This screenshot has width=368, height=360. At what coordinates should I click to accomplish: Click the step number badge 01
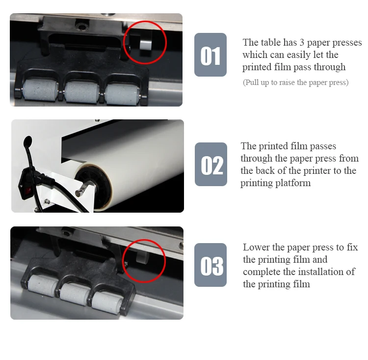point(210,55)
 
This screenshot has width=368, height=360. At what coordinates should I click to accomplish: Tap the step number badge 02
point(211,165)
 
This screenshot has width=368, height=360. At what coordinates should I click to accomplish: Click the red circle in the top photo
point(145,42)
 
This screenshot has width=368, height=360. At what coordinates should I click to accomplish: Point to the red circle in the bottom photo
point(144,261)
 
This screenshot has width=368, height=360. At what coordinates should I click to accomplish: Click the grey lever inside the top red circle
point(146,46)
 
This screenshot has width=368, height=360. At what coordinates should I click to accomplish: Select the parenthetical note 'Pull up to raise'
point(295,83)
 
